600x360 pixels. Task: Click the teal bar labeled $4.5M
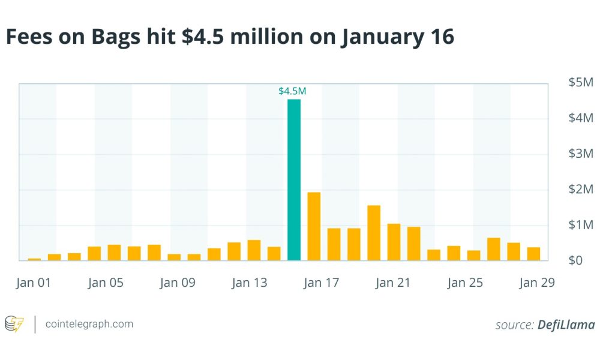(x=294, y=180)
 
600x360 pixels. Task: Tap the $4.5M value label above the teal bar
(x=292, y=91)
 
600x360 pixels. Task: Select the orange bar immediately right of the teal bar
(x=314, y=227)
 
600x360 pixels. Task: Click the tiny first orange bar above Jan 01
(x=34, y=259)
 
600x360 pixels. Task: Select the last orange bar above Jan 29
(x=533, y=254)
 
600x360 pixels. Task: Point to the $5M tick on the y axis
(x=581, y=83)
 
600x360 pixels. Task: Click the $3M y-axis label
(x=581, y=154)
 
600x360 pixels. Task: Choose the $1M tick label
(x=581, y=225)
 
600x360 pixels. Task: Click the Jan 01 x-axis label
(x=33, y=283)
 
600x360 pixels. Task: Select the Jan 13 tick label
(x=249, y=283)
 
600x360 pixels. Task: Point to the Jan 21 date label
(x=393, y=283)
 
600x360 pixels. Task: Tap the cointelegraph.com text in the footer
(x=89, y=325)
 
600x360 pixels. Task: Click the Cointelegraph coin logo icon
(x=14, y=325)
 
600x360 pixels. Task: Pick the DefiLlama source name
(x=566, y=325)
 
